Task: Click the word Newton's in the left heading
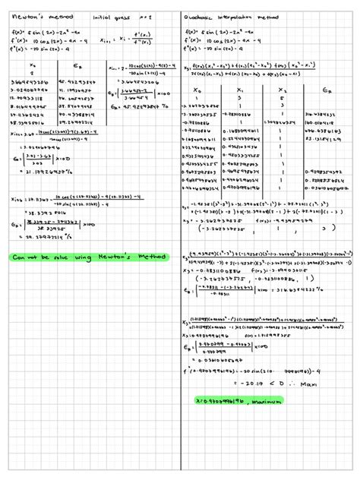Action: point(23,15)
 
